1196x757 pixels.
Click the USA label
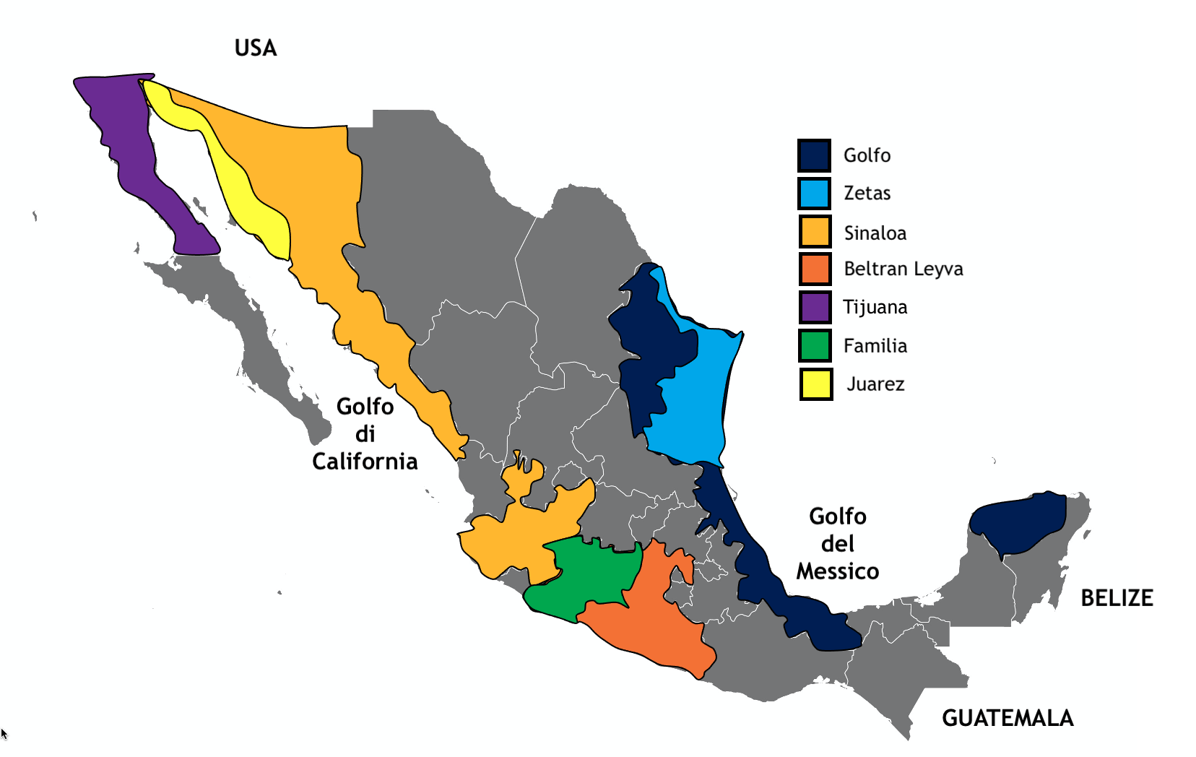pos(256,48)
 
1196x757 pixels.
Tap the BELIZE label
pos(1117,598)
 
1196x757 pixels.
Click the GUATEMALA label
pos(1007,718)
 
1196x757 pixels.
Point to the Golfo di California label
pos(365,433)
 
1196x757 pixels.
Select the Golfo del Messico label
pos(838,544)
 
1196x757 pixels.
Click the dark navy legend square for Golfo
pos(814,155)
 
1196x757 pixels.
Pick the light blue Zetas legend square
pos(814,194)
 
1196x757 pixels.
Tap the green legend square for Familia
pos(815,346)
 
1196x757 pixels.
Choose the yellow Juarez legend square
pos(816,384)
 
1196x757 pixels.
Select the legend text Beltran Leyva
pos(903,269)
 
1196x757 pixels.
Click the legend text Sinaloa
pos(875,233)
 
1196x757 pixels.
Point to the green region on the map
pos(589,578)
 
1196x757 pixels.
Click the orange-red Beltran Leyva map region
pos(650,621)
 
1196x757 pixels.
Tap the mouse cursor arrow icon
pos(4,734)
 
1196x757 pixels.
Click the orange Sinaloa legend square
pos(815,232)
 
